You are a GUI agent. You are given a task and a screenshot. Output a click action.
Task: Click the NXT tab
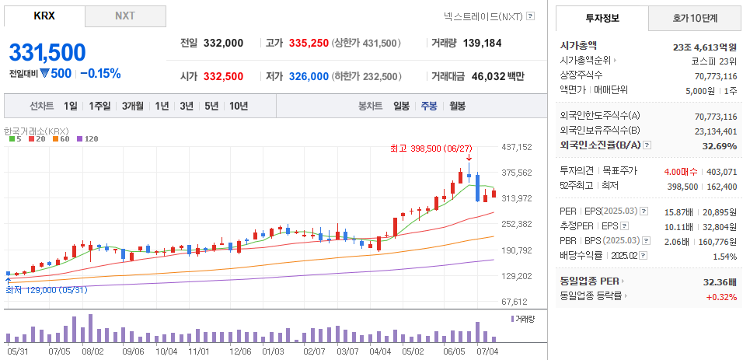tap(124, 16)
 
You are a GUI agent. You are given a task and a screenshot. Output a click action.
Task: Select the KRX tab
tap(44, 16)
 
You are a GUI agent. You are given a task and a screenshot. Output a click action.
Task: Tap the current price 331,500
tap(47, 52)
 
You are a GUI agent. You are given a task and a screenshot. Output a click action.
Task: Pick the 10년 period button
tap(239, 106)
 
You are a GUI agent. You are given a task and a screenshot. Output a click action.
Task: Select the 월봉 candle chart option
tap(457, 106)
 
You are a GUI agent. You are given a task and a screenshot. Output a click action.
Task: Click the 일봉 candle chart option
tap(401, 106)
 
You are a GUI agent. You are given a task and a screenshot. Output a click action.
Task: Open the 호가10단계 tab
tap(694, 17)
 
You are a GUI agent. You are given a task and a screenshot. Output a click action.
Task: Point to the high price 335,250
tap(308, 44)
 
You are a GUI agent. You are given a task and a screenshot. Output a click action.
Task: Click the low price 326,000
tap(308, 76)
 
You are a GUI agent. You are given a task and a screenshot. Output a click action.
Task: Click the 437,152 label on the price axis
tap(516, 147)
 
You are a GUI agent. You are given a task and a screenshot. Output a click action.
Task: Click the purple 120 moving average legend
tap(89, 139)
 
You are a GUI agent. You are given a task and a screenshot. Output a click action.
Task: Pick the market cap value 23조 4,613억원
tap(704, 47)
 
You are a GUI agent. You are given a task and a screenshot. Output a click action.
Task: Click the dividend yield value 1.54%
tap(724, 256)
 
